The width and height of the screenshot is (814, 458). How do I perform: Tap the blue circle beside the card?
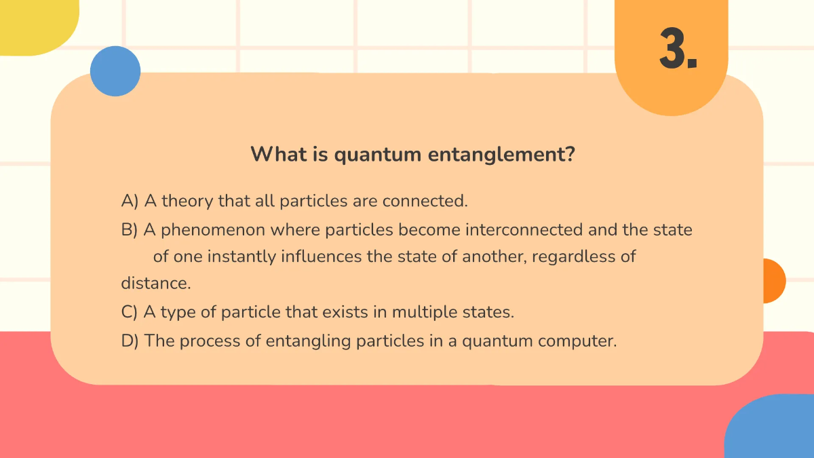click(115, 71)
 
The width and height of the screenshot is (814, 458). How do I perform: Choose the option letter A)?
click(130, 202)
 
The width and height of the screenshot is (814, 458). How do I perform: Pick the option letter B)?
click(130, 230)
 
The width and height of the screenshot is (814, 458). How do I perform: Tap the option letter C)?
click(130, 313)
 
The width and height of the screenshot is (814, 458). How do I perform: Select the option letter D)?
click(130, 341)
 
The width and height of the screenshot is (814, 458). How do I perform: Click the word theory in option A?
click(187, 202)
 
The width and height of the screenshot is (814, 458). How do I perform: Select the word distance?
click(146, 283)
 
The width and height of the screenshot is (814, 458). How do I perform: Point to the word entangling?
click(309, 341)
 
